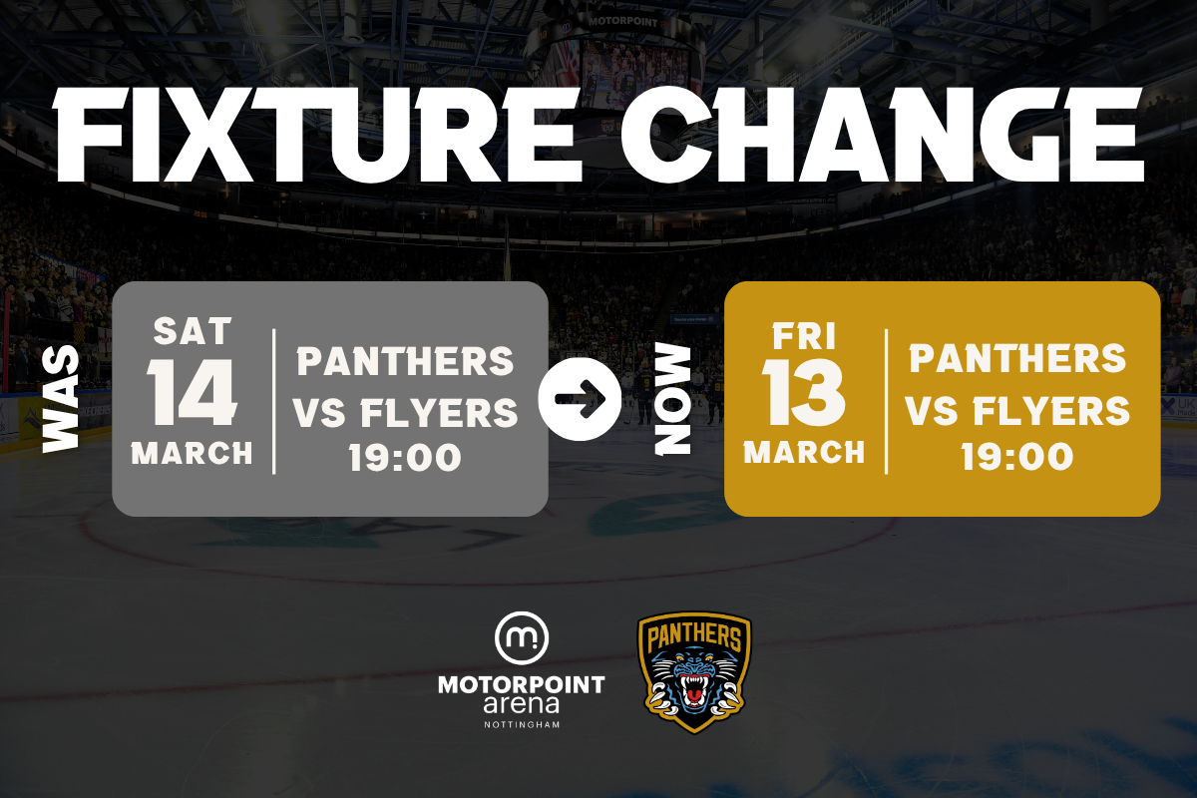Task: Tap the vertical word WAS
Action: tap(61, 399)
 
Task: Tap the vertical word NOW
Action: tap(672, 399)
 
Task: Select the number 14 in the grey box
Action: tap(192, 392)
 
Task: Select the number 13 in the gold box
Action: tap(804, 392)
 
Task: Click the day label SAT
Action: tap(193, 331)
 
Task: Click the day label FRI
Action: tap(804, 336)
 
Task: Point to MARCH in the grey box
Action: tap(192, 453)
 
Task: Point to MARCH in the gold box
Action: tap(804, 452)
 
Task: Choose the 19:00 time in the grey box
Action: tap(405, 457)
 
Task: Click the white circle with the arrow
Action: tap(580, 399)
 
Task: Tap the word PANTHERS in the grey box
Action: tap(405, 361)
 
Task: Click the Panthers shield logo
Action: tap(694, 672)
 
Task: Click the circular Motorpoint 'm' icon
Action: tap(521, 637)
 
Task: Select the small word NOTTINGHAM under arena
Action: tap(522, 725)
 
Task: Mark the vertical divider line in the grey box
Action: tap(274, 401)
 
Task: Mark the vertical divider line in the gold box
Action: tap(886, 401)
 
